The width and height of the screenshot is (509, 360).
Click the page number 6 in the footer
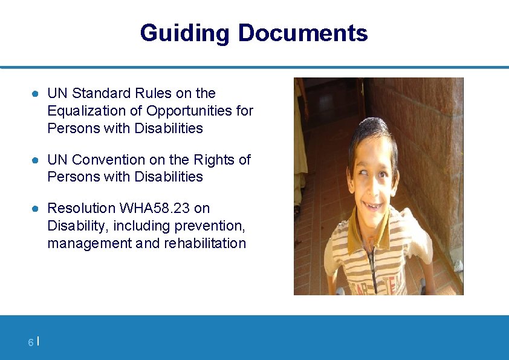coord(30,343)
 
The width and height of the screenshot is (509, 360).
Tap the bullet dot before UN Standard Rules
coord(36,94)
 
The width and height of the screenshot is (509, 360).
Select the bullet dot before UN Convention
coord(36,160)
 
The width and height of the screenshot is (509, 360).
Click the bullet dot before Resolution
coord(36,209)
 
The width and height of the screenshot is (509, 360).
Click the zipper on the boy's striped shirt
coord(374,266)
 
